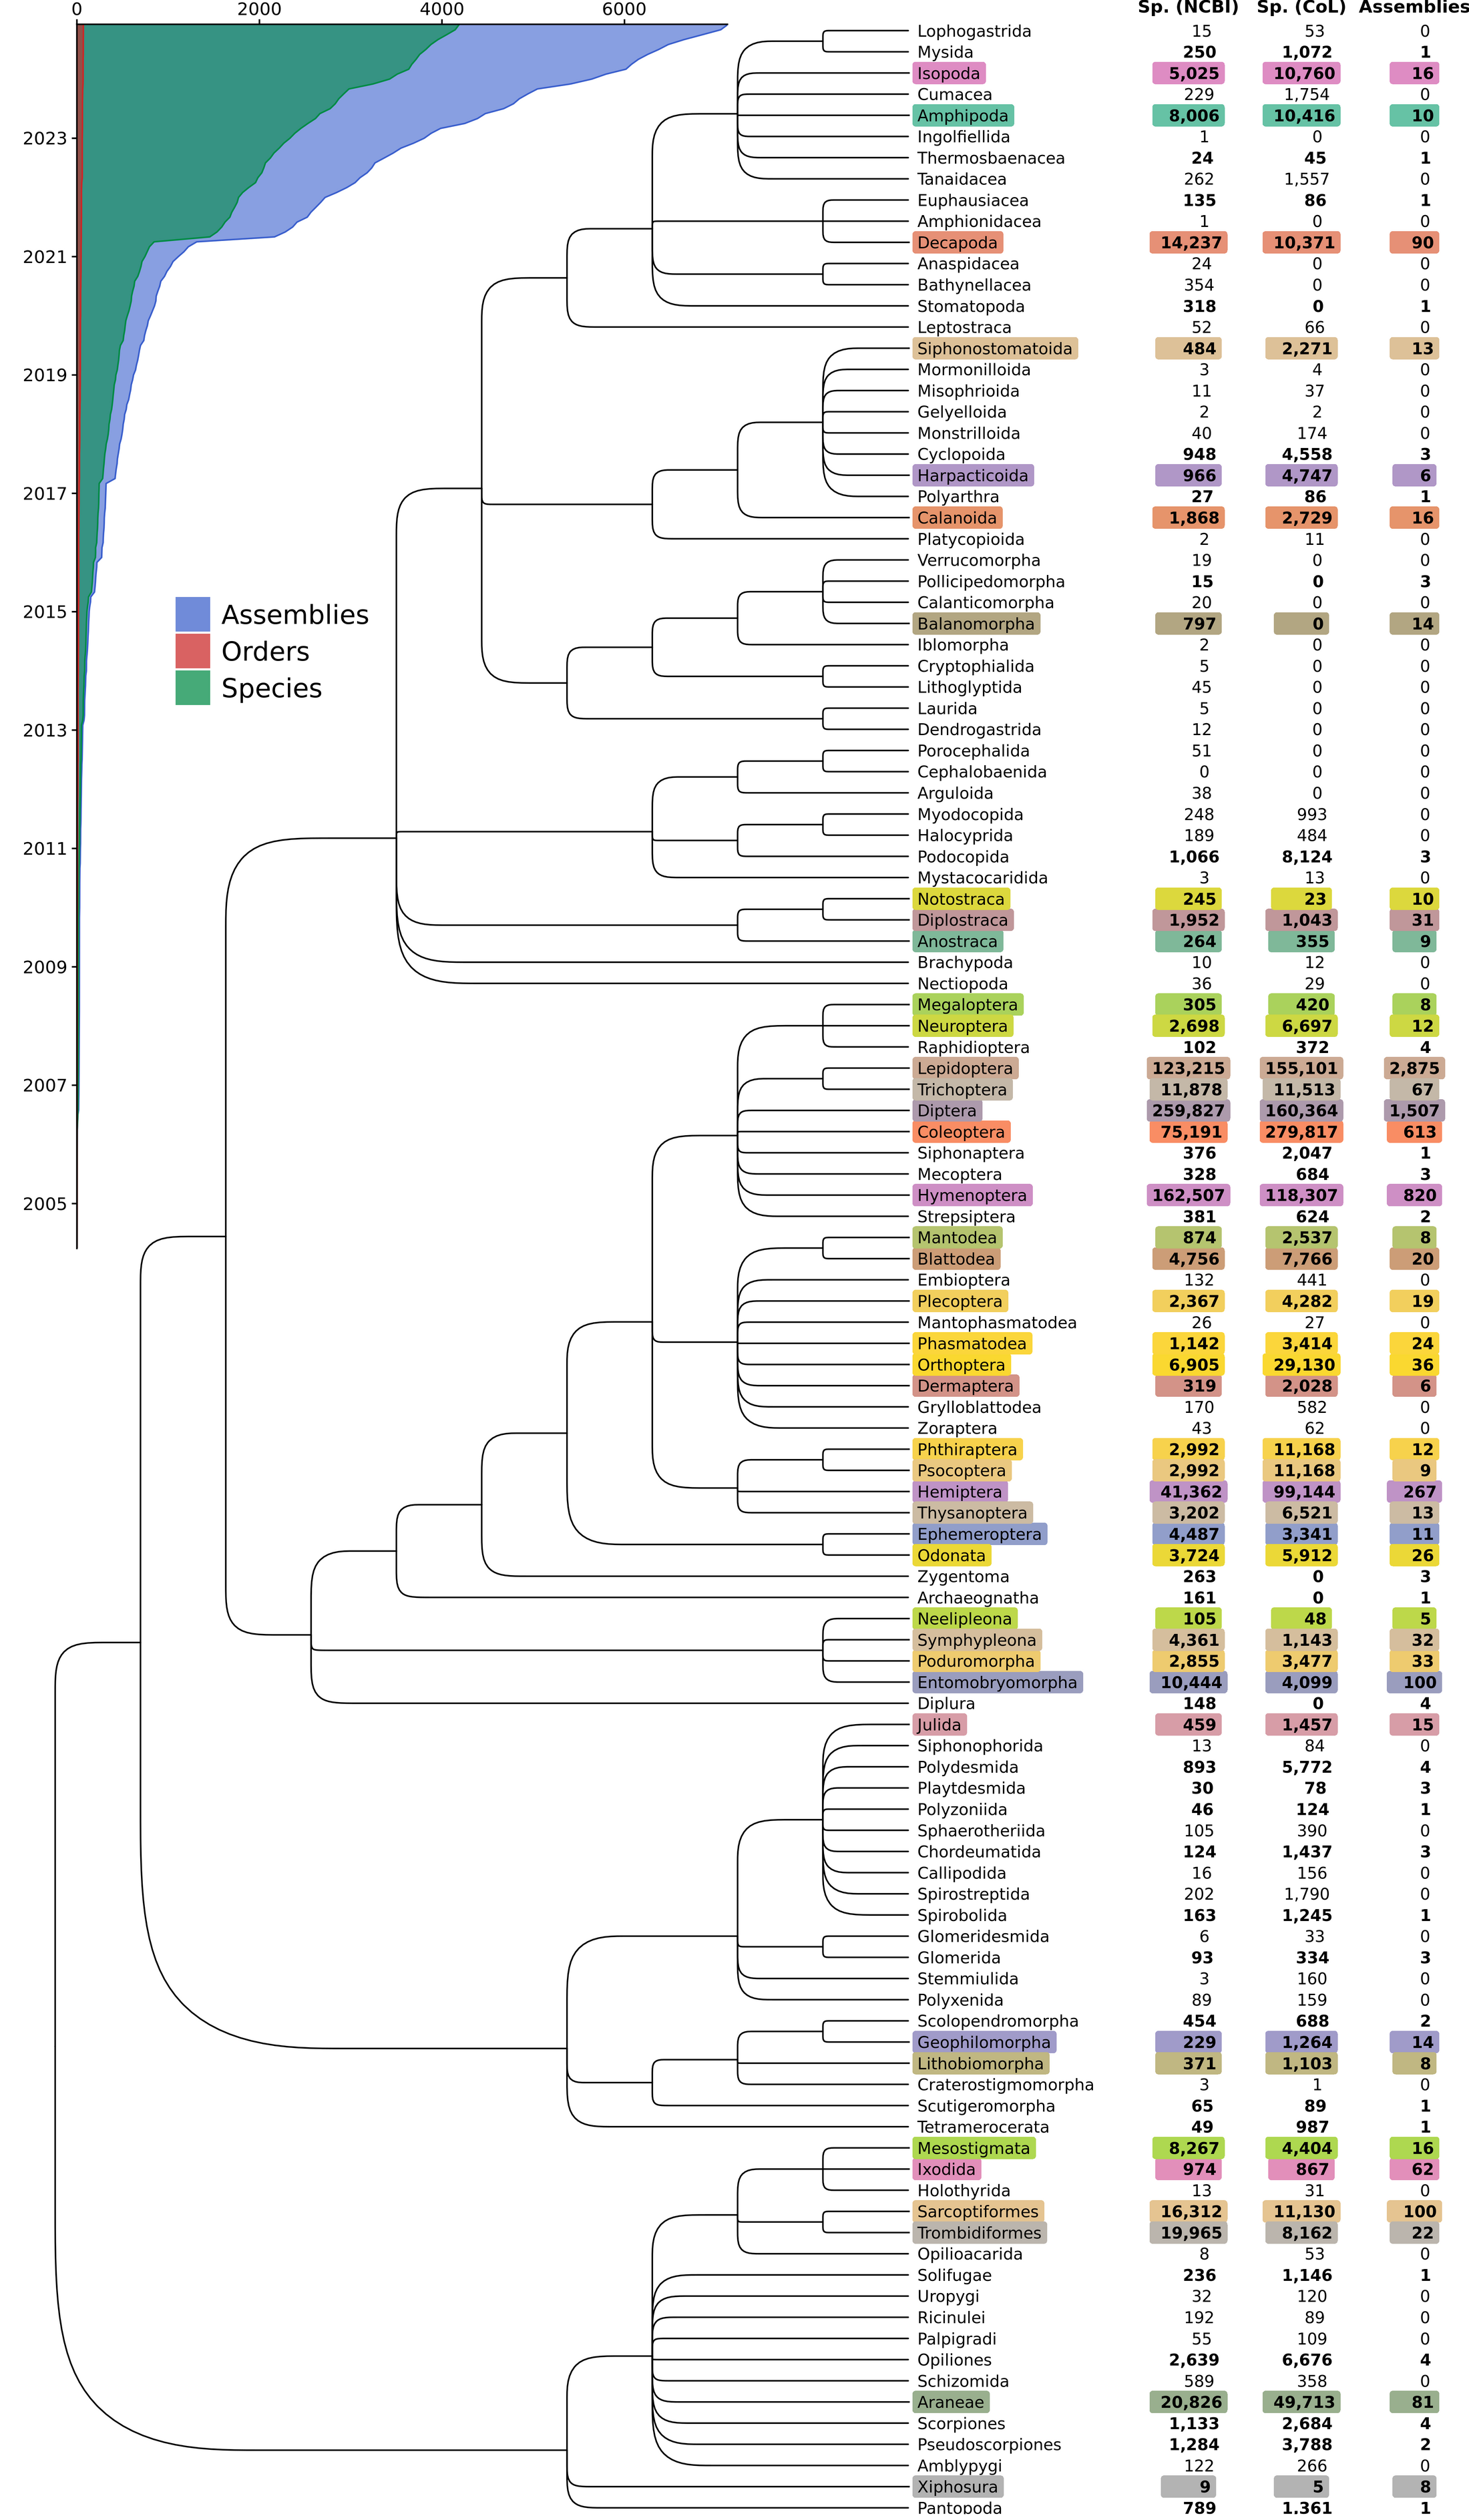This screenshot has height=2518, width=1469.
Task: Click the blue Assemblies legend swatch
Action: coord(193,614)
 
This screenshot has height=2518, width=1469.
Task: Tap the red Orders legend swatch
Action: coord(193,650)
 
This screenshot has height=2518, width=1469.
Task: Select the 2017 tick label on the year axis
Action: coord(45,493)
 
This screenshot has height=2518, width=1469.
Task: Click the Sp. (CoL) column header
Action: coord(1301,8)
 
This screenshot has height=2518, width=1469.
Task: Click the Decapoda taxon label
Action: coord(958,243)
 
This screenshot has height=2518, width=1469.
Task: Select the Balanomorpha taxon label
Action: coord(976,624)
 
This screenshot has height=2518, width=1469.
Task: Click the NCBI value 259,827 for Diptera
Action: coord(1188,1110)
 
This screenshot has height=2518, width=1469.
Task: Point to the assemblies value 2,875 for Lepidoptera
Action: coord(1414,1068)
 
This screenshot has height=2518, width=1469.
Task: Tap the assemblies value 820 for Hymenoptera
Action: coord(1419,1195)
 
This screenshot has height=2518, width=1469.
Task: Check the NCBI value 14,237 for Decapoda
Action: coord(1190,243)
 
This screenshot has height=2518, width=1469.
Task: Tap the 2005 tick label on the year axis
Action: coord(45,1204)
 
